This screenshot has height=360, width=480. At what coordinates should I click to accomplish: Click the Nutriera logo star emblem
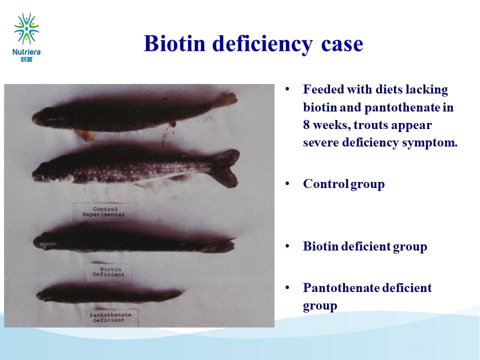[26, 28]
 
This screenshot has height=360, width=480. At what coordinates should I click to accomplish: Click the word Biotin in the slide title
[174, 43]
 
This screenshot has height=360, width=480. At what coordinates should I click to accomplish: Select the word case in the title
[342, 44]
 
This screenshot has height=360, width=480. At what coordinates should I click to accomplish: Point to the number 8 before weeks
[306, 125]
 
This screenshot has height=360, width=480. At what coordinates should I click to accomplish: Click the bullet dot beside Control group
[287, 183]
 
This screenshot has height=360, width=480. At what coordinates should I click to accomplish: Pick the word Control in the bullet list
[325, 183]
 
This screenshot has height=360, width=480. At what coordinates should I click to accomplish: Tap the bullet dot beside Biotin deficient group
[287, 246]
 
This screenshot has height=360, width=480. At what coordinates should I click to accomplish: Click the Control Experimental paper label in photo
[104, 211]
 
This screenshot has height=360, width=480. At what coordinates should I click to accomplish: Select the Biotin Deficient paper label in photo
[109, 272]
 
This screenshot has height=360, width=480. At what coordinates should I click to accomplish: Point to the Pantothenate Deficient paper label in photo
[111, 317]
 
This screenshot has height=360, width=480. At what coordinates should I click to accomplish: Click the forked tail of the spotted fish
[225, 168]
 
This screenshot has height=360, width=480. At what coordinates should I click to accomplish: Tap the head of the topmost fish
[43, 117]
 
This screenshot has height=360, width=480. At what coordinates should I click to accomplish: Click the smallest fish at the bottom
[109, 294]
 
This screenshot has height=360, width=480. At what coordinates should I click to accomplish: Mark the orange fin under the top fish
[85, 135]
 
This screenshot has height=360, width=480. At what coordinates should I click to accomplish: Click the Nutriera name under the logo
[26, 52]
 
